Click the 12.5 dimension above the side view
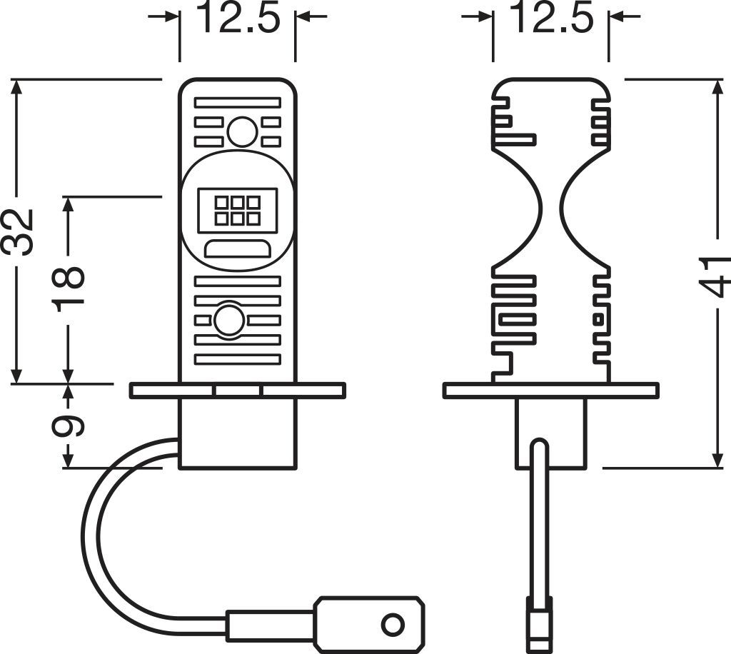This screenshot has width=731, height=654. point(550,19)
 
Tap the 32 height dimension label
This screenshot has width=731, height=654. point(19,232)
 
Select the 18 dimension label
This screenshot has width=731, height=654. point(69,286)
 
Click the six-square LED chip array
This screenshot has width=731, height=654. point(237,211)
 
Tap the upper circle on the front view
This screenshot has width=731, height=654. point(242,132)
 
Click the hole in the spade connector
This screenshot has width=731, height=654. point(392,623)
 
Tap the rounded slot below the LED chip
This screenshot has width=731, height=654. point(237,249)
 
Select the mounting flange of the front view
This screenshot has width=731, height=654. point(237,391)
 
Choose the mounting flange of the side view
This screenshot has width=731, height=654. point(550,391)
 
